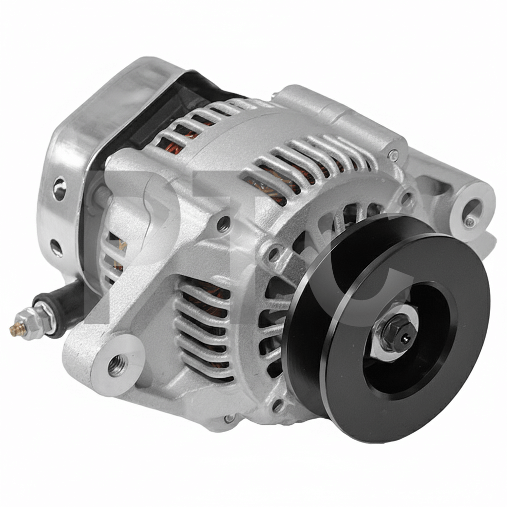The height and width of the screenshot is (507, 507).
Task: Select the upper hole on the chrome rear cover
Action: pyautogui.click(x=60, y=188)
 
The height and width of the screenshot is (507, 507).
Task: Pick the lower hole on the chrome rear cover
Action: pyautogui.click(x=56, y=248)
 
